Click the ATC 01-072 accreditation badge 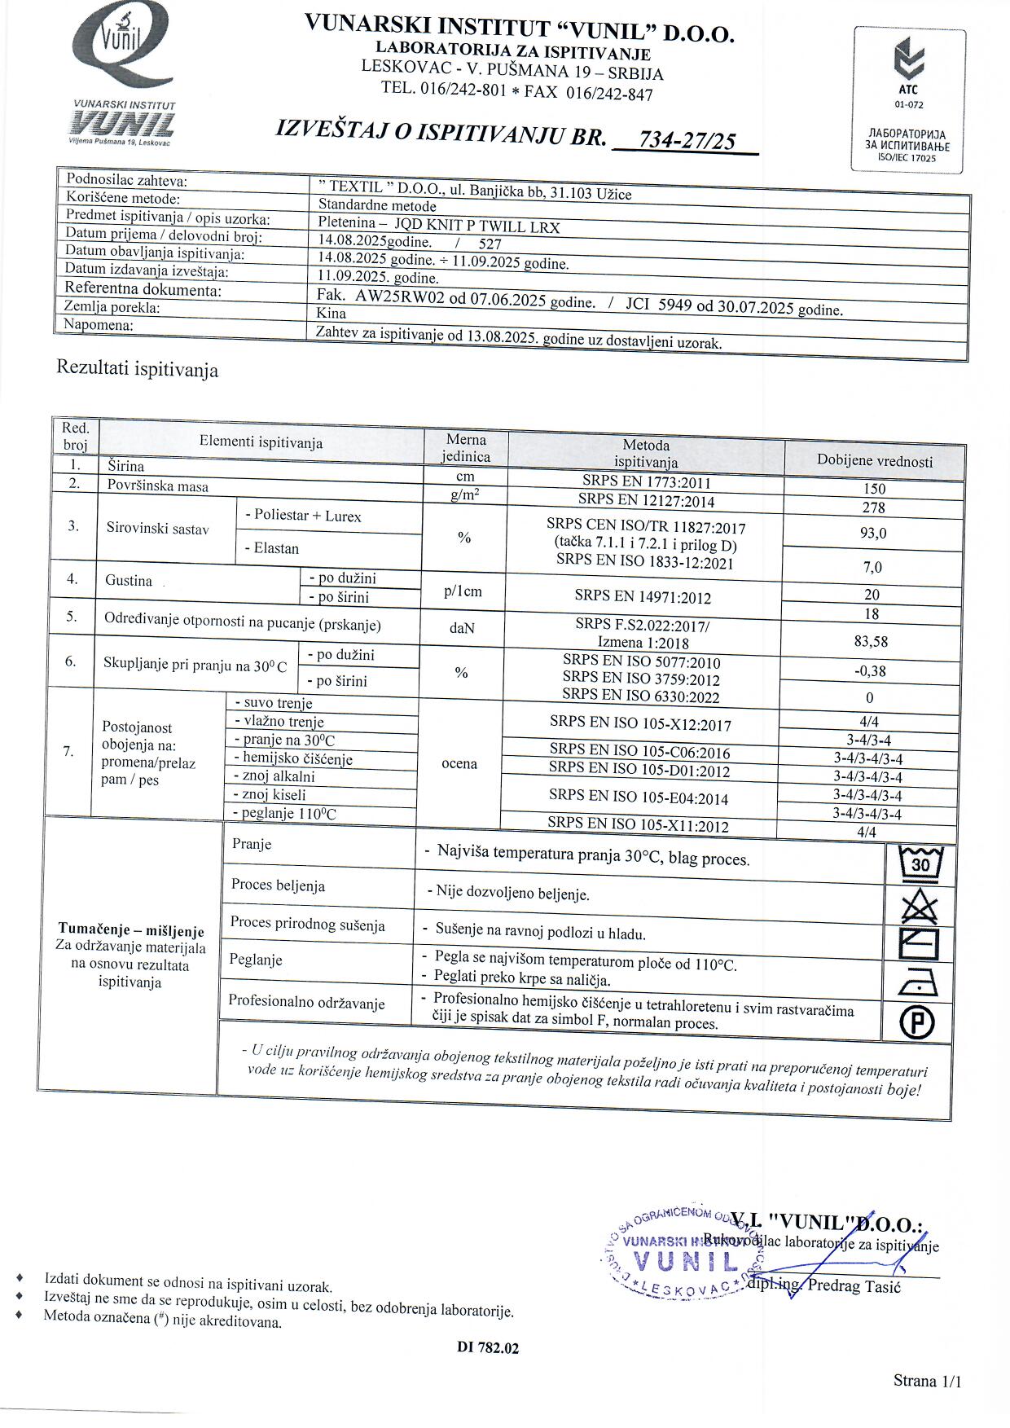909,100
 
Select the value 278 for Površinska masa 873,507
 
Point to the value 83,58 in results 871,641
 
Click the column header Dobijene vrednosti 875,461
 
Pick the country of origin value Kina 332,314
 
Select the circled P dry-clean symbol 917,1022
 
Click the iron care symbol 918,984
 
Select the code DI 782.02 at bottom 488,1348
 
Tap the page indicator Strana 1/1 927,1380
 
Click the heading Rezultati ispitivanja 137,369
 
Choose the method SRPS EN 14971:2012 643,597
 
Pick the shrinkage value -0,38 871,671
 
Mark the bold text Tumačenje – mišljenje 131,930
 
